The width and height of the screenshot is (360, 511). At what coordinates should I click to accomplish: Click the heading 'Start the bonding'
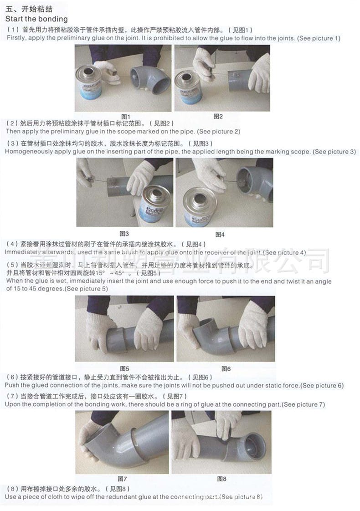(36, 19)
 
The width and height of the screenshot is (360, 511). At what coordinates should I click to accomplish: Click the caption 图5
(124, 368)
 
